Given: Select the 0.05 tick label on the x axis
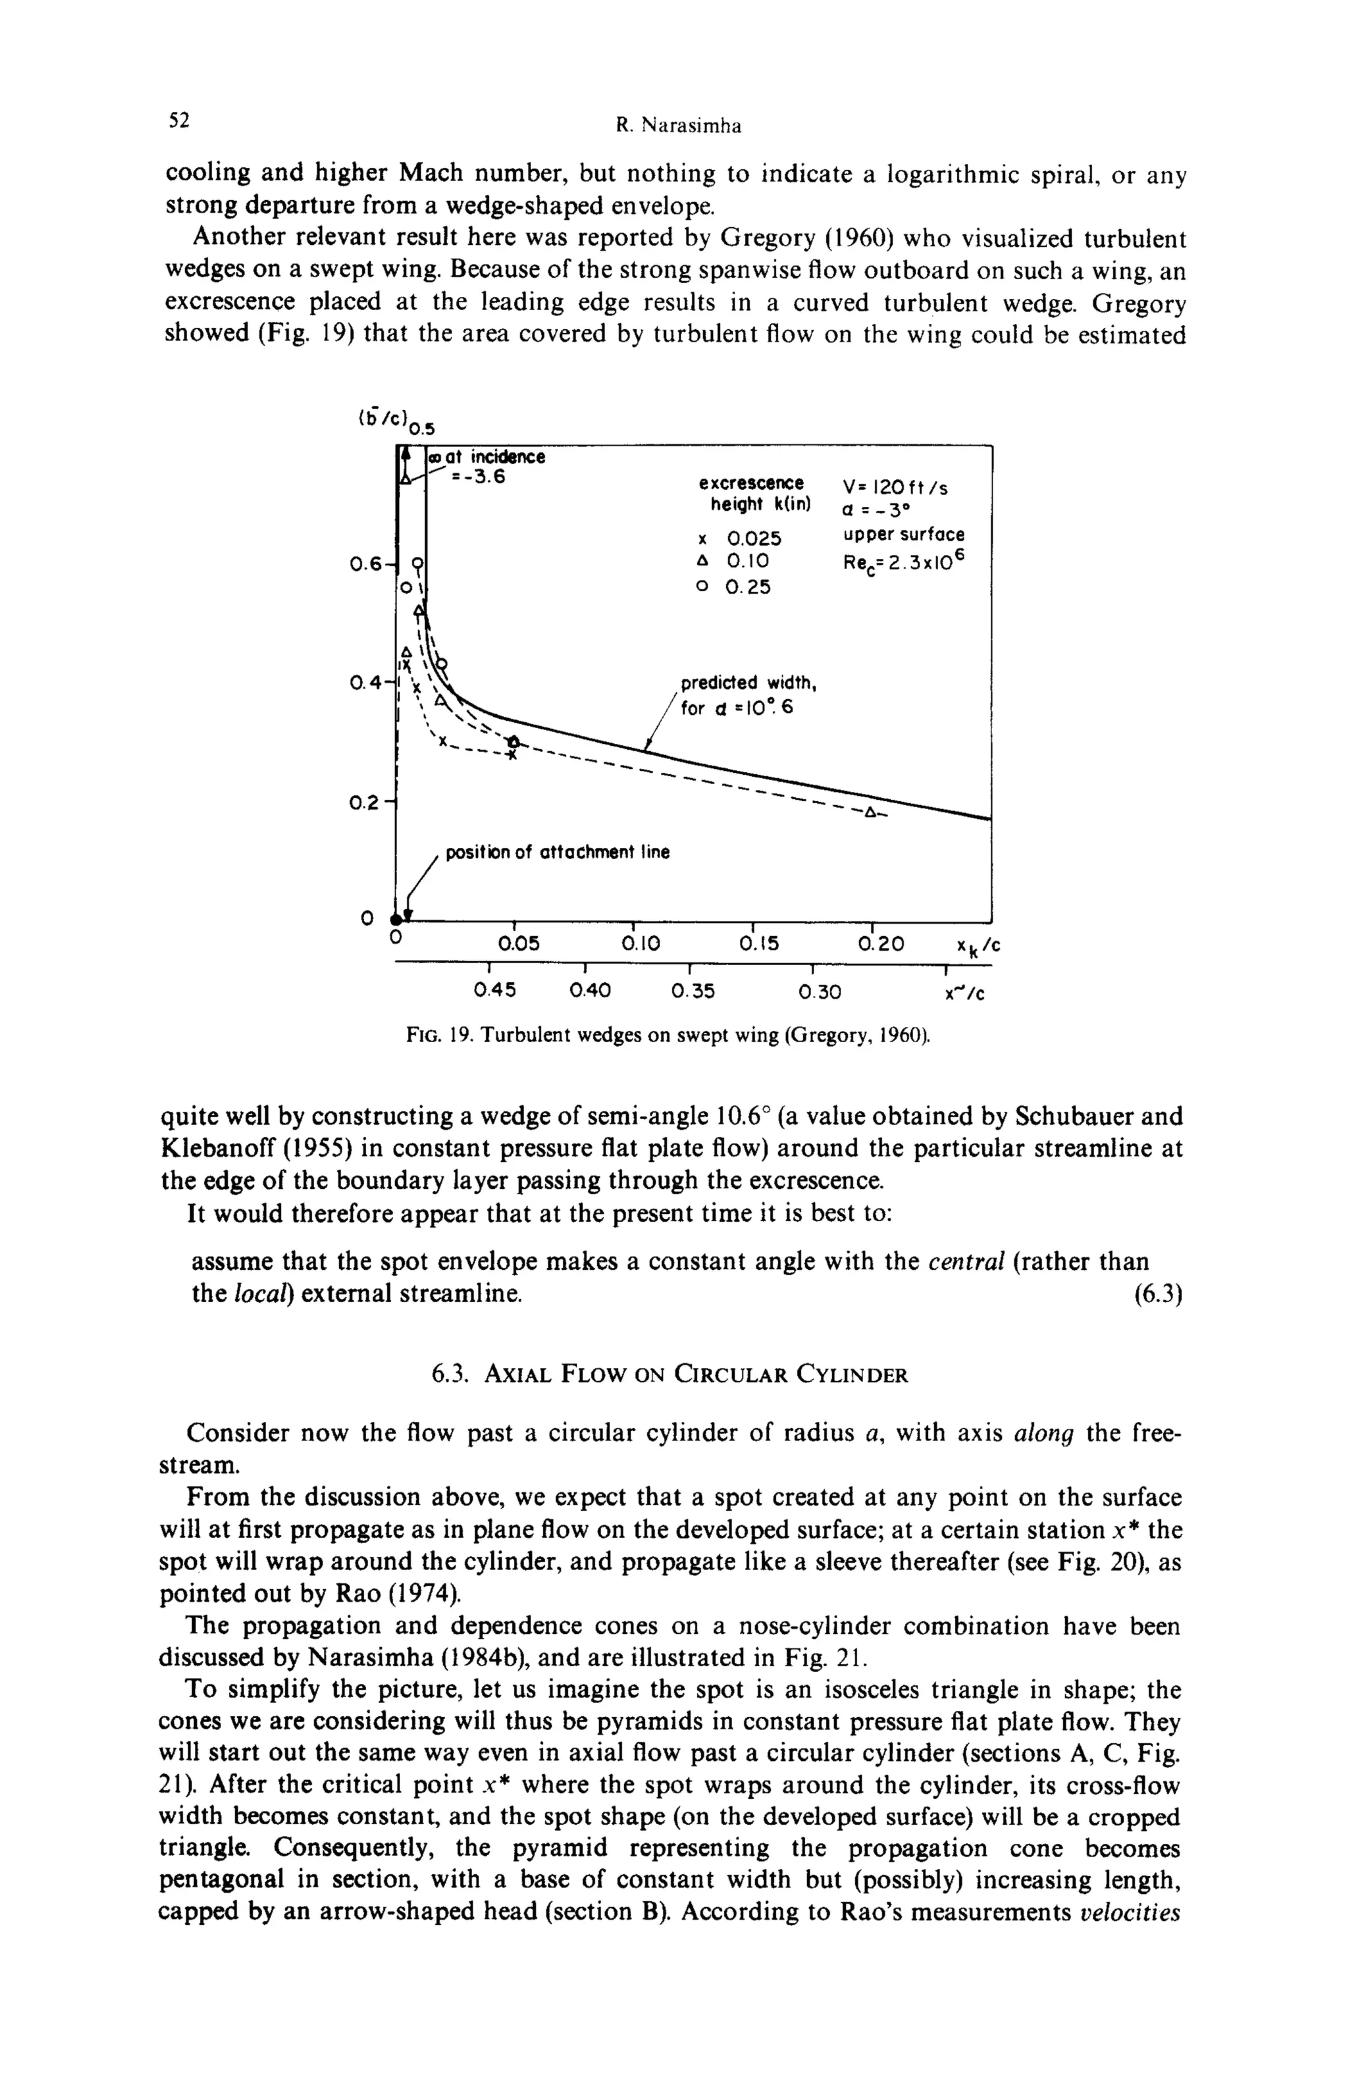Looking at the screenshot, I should click(x=518, y=943).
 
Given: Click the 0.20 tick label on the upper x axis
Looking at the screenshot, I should click(x=881, y=943).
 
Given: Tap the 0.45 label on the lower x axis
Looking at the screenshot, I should click(x=494, y=990).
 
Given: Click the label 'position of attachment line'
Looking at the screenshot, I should click(x=557, y=853).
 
